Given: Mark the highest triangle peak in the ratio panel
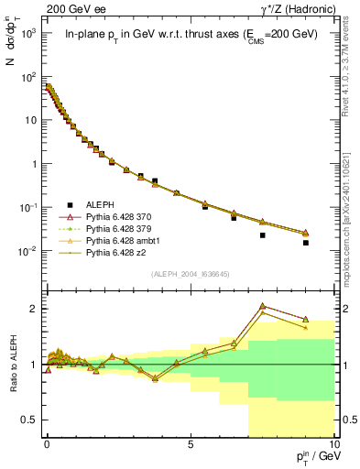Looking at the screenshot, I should click(263, 306).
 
